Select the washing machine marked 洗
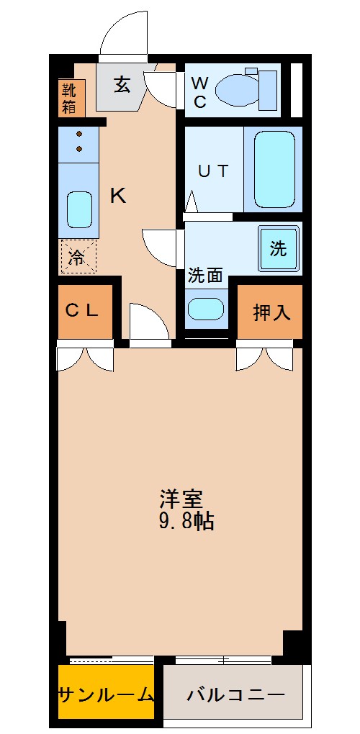(x=278, y=248)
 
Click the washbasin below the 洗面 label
(x=205, y=309)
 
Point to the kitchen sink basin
(x=78, y=209)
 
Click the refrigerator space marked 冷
(x=77, y=257)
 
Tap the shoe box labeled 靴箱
(x=72, y=99)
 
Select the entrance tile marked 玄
(x=121, y=84)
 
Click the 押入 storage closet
(x=270, y=312)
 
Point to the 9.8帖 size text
(x=186, y=521)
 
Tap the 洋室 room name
(x=181, y=498)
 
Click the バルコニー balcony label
(x=235, y=695)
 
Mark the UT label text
(x=213, y=171)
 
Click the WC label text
(x=199, y=91)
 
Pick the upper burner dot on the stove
(x=78, y=134)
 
